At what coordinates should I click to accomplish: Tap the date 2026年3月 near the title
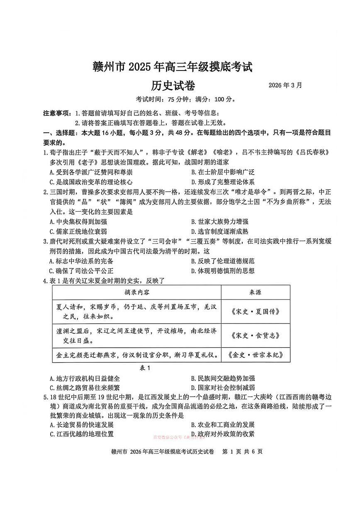285,85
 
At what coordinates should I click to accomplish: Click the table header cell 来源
255,292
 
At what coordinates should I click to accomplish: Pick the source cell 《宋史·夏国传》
255,311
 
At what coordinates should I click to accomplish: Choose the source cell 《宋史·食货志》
255,336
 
